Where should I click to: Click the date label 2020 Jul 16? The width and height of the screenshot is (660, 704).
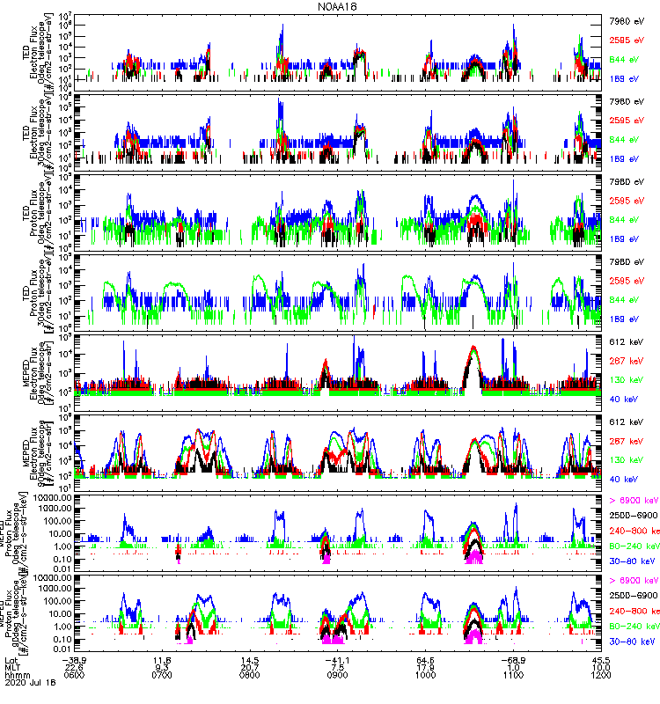[x=28, y=682]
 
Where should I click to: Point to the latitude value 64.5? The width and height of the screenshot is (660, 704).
[x=426, y=660]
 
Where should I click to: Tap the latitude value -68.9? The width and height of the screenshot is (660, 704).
[x=513, y=660]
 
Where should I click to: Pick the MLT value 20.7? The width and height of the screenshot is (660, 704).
[x=250, y=667]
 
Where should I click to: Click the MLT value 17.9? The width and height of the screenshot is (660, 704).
[x=426, y=667]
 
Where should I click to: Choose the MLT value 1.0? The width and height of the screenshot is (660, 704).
[x=514, y=667]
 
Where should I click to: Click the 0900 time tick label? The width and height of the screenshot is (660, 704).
[x=338, y=675]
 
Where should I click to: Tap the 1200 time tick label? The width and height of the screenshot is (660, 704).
[x=602, y=675]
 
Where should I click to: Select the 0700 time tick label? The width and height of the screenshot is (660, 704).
[x=162, y=675]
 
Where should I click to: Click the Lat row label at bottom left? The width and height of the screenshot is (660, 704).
[x=11, y=660]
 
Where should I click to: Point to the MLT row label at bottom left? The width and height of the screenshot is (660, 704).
[x=12, y=667]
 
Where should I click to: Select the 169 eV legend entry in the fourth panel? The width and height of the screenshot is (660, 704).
[x=624, y=319]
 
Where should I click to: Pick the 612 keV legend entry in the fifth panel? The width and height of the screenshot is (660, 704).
[x=624, y=341]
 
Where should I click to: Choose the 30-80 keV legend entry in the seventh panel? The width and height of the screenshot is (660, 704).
[x=630, y=560]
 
